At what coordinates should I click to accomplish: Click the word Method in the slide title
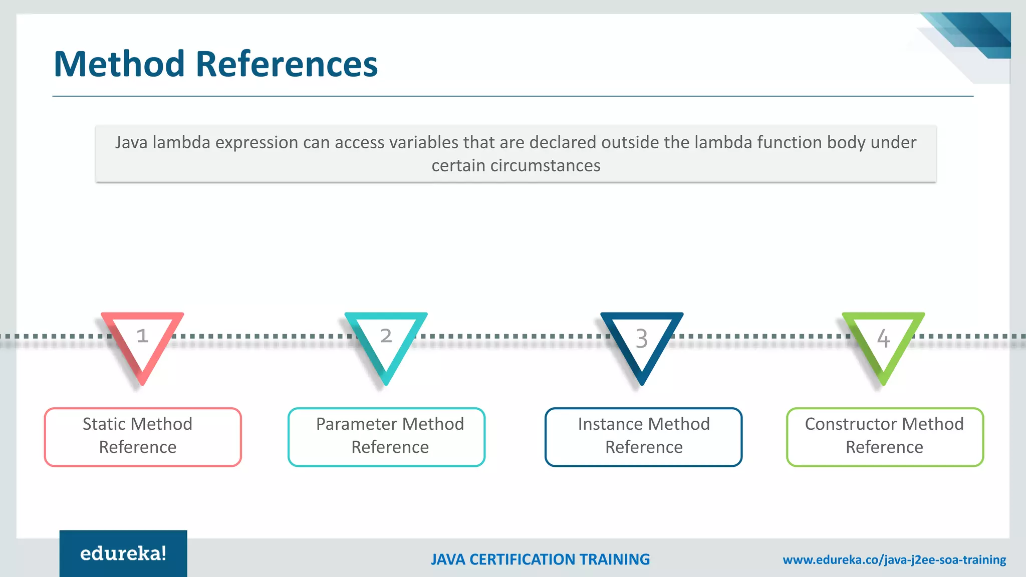tap(119, 64)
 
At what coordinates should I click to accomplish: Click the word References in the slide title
tap(287, 64)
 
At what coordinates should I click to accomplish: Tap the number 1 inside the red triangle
tap(142, 336)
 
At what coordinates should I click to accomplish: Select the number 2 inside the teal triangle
tap(386, 336)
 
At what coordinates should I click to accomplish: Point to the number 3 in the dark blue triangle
tap(642, 339)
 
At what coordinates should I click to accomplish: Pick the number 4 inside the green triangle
tap(884, 339)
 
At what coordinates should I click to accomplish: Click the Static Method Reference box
tap(143, 437)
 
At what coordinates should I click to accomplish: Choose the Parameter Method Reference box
tap(386, 437)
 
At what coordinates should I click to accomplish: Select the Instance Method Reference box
tap(643, 437)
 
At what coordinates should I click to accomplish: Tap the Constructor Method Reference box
tap(885, 437)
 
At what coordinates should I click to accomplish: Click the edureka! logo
tap(123, 553)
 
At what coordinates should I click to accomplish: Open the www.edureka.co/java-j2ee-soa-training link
tap(894, 559)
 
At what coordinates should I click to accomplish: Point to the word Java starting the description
tap(131, 143)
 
